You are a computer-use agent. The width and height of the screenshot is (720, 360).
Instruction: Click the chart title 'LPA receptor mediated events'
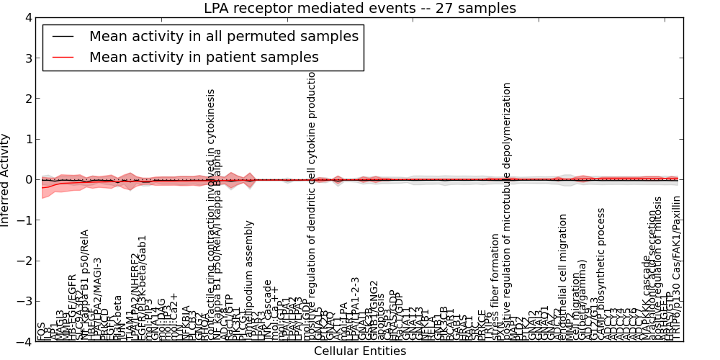click(x=360, y=9)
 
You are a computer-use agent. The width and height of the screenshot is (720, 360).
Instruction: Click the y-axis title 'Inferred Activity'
click(x=6, y=179)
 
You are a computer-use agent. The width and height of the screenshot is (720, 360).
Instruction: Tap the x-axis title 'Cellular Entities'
click(x=360, y=351)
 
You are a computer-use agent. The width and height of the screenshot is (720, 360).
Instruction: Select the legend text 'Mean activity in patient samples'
click(x=204, y=57)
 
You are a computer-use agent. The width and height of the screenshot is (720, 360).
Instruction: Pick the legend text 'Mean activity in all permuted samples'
click(x=223, y=35)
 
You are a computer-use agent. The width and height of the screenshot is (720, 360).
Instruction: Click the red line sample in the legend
click(x=63, y=57)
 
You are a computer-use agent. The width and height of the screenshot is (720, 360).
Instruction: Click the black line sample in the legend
click(x=63, y=35)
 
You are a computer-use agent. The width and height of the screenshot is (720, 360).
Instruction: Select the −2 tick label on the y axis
click(x=24, y=261)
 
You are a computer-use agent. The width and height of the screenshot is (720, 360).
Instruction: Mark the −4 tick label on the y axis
click(x=24, y=342)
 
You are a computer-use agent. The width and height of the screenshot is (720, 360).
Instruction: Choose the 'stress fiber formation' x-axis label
click(x=495, y=287)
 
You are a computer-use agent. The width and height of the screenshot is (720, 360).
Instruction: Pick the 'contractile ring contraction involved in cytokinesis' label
click(x=211, y=215)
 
